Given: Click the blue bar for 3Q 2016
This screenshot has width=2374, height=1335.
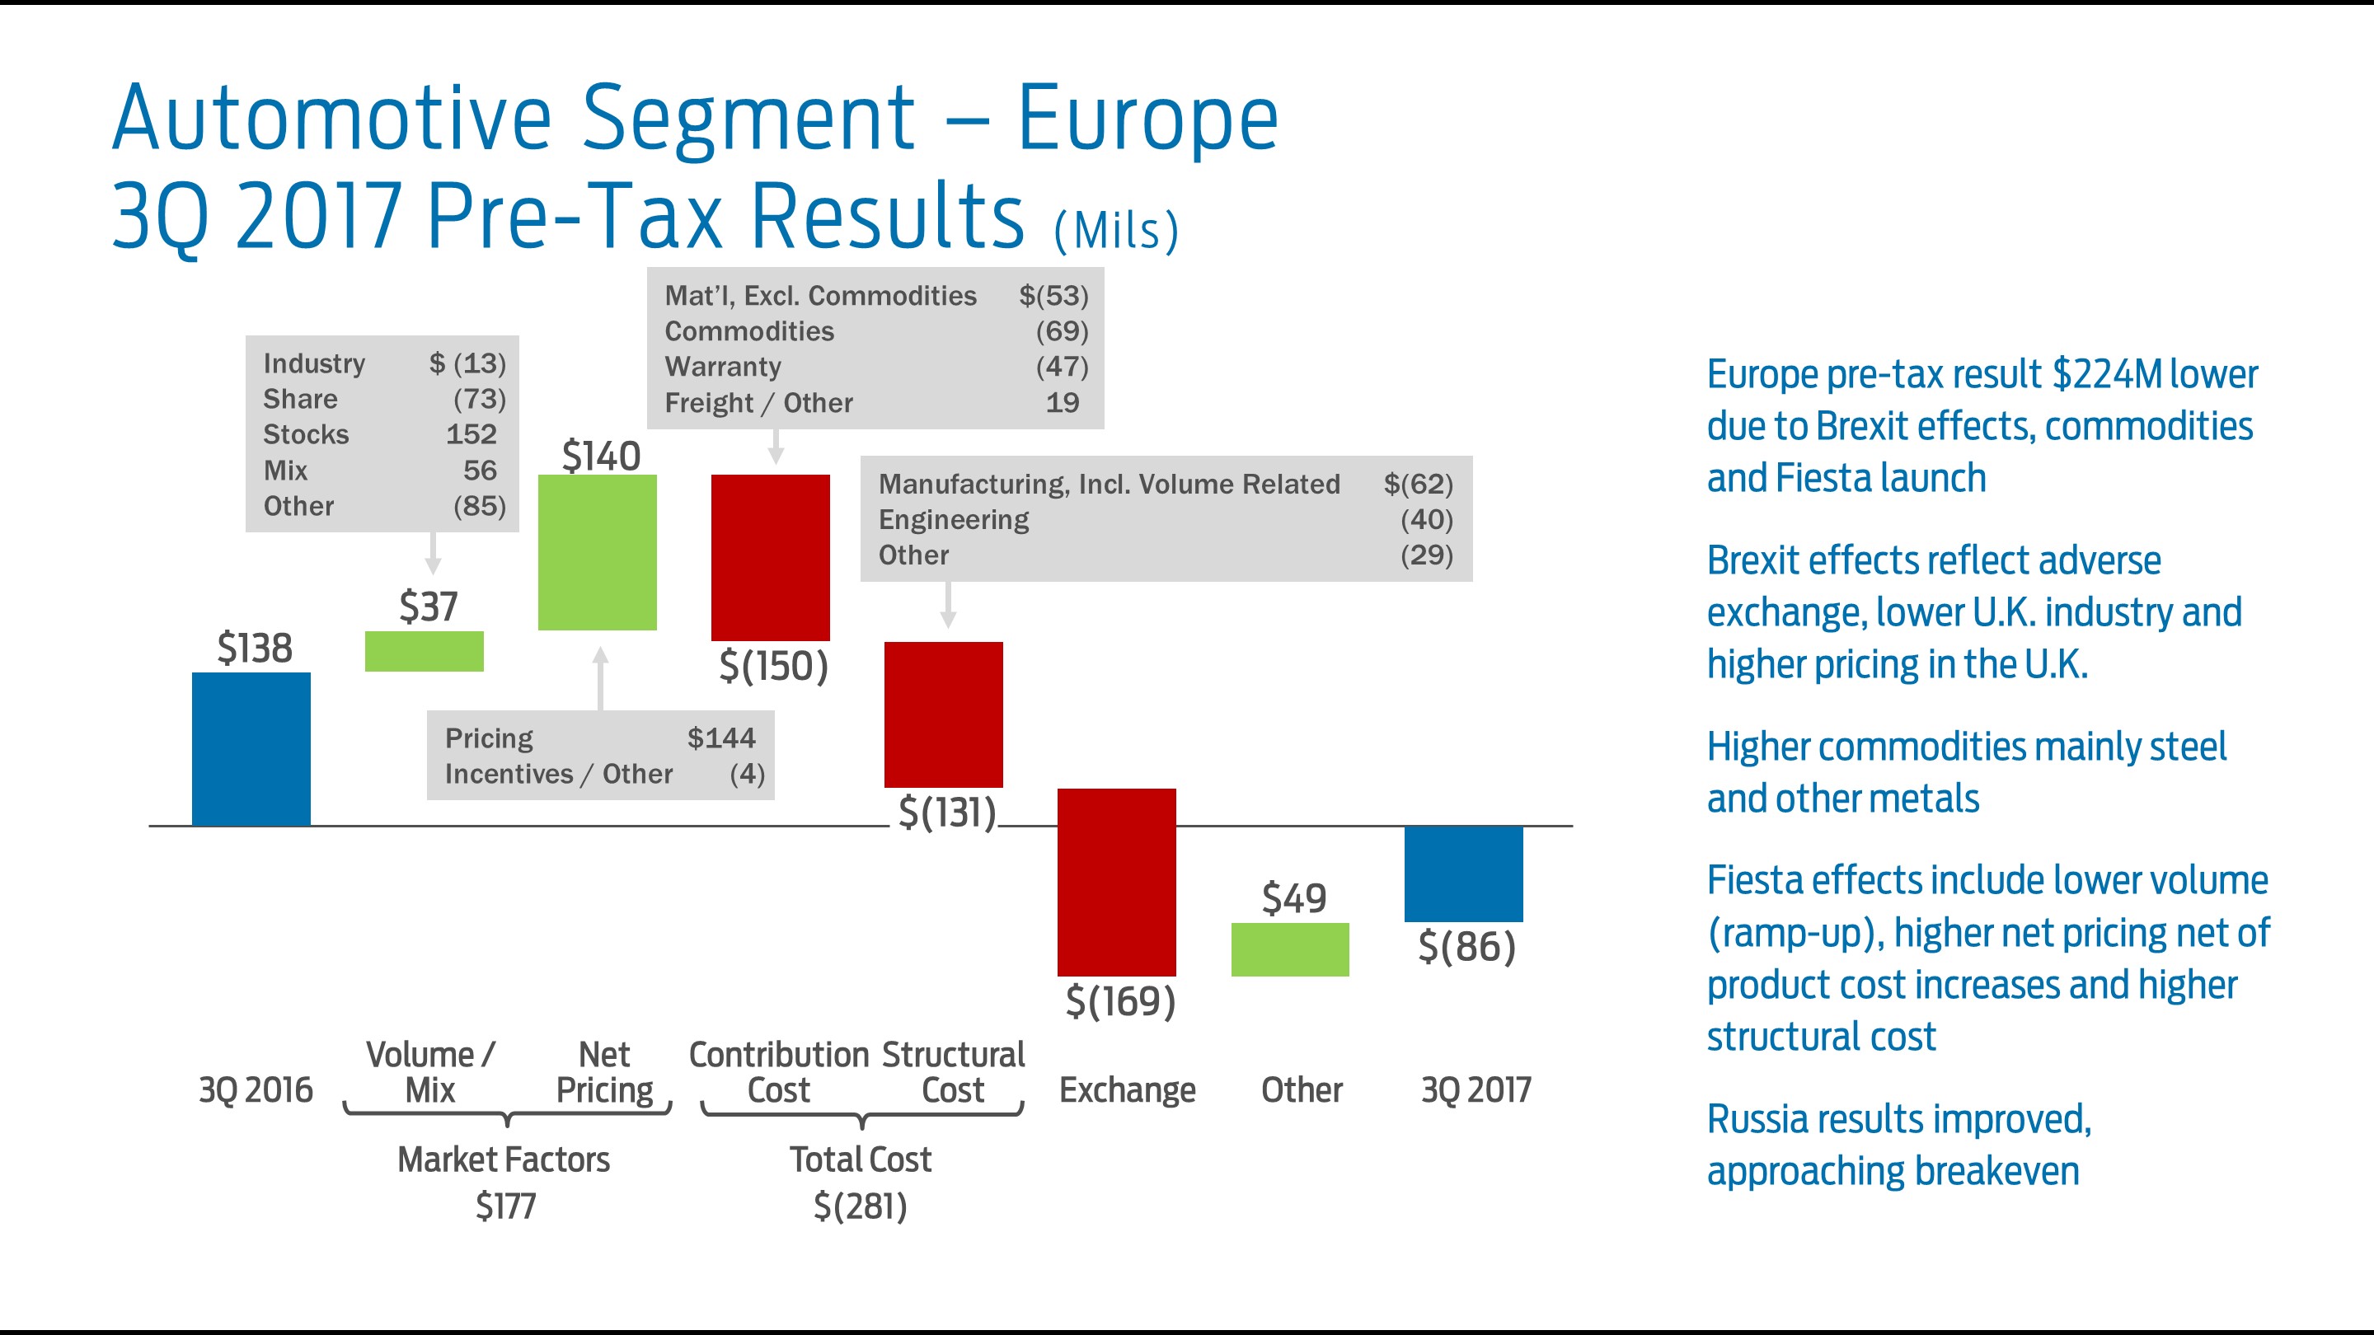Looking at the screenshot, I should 251,748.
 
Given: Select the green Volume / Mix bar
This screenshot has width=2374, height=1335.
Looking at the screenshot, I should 424,650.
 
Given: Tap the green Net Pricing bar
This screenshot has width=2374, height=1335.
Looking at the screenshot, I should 597,552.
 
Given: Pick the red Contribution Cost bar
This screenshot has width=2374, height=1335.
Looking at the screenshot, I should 771,556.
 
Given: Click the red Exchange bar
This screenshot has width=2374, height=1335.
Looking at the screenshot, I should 1116,881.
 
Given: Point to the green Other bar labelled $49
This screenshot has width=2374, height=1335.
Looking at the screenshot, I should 1289,949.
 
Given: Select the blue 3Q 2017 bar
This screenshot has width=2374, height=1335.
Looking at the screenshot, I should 1462,873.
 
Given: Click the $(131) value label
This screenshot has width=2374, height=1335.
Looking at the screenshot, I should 946,813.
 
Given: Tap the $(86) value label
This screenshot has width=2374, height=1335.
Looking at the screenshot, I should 1466,946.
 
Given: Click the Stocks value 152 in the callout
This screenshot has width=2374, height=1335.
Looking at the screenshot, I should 471,434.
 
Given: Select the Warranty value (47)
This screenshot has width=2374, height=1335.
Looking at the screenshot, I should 1062,367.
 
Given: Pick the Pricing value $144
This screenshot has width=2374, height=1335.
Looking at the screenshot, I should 720,738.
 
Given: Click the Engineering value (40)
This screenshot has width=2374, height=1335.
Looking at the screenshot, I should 1426,520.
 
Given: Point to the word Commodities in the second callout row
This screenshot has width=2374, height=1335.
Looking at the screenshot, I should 749,330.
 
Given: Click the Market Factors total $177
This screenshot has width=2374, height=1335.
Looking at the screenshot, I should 505,1205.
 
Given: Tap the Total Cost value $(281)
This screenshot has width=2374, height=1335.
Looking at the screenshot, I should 860,1205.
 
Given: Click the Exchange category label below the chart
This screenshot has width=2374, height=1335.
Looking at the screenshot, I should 1126,1090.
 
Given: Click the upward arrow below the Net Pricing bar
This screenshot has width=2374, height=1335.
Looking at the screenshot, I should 601,677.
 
